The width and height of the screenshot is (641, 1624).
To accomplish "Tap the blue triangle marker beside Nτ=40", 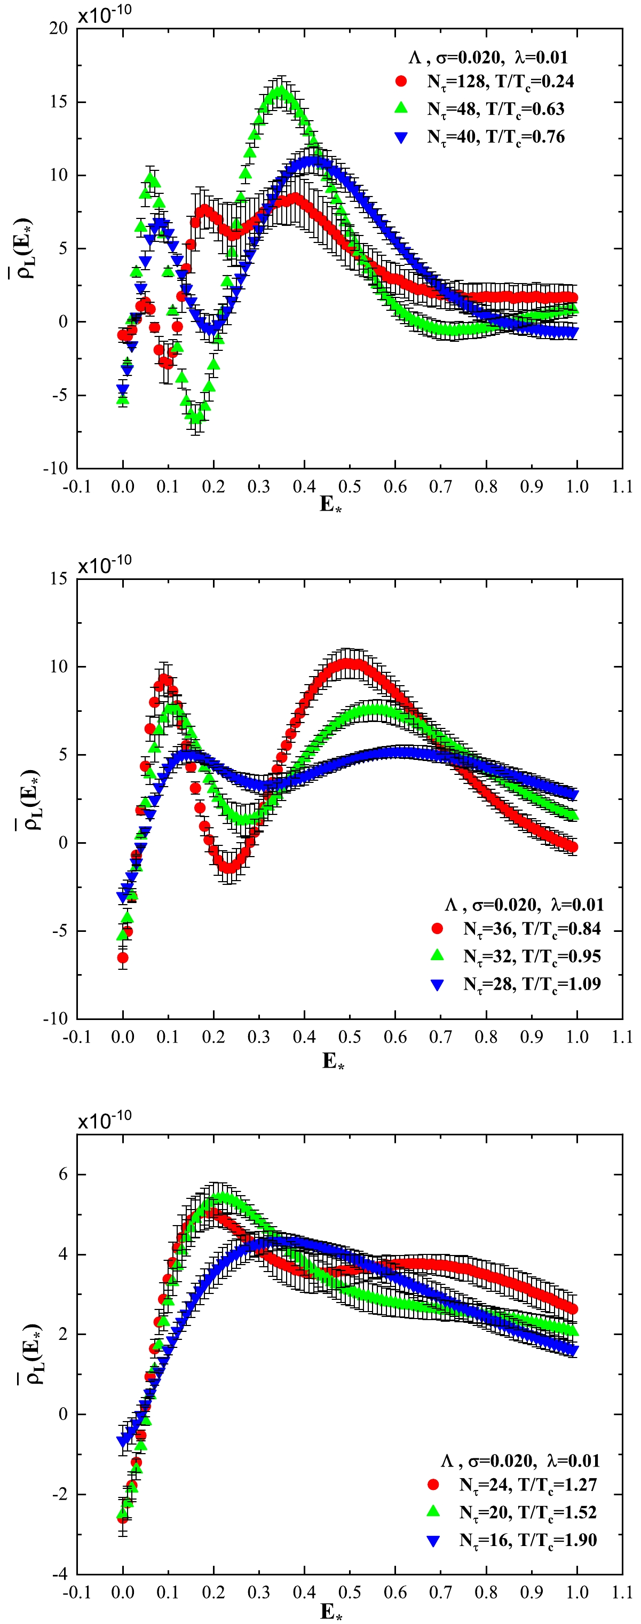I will pyautogui.click(x=401, y=137).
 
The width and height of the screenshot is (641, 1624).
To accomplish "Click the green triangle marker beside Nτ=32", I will pyautogui.click(x=437, y=956).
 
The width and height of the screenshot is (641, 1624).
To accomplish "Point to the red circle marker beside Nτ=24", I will pyautogui.click(x=433, y=1485).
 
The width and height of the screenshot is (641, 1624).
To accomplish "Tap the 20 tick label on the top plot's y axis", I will pyautogui.click(x=59, y=28).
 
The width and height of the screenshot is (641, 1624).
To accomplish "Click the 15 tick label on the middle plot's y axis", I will pyautogui.click(x=59, y=579).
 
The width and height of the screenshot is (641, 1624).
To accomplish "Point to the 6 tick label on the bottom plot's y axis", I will pyautogui.click(x=62, y=1174).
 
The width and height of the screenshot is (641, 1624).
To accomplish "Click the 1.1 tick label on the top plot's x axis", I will pyautogui.click(x=622, y=487).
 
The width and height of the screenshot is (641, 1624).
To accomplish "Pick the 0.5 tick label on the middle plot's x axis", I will pyautogui.click(x=350, y=1037).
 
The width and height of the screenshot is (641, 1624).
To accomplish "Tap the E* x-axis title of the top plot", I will pyautogui.click(x=330, y=504).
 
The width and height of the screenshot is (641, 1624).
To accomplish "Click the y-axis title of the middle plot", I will pyautogui.click(x=30, y=799).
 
